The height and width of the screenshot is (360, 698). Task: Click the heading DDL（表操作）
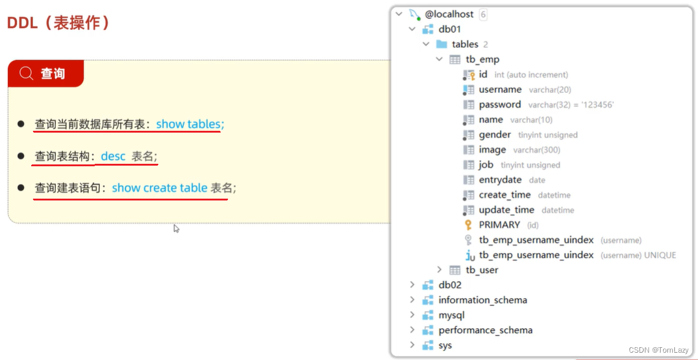tap(59, 23)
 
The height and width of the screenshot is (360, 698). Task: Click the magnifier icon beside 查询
tap(26, 73)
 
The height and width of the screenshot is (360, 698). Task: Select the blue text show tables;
tap(190, 124)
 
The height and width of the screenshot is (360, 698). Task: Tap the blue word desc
tap(113, 156)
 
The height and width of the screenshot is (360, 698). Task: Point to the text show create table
tap(160, 188)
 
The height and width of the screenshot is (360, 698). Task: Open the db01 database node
tap(449, 29)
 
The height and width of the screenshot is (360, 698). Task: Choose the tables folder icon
tap(441, 44)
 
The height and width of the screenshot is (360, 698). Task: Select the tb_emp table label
tap(482, 59)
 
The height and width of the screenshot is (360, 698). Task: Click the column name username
tap(500, 89)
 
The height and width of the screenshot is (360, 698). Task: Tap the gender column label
tap(494, 134)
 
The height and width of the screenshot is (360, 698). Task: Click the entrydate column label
tap(500, 180)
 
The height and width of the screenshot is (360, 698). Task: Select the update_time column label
tap(506, 210)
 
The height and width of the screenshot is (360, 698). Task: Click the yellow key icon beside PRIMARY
tap(469, 225)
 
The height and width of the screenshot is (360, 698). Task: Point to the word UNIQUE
tap(660, 255)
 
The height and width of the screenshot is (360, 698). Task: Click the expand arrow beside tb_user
tap(439, 270)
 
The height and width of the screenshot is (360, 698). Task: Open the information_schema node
tap(482, 300)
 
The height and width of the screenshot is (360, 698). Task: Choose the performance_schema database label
tap(485, 330)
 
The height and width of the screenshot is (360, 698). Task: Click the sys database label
tap(445, 345)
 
